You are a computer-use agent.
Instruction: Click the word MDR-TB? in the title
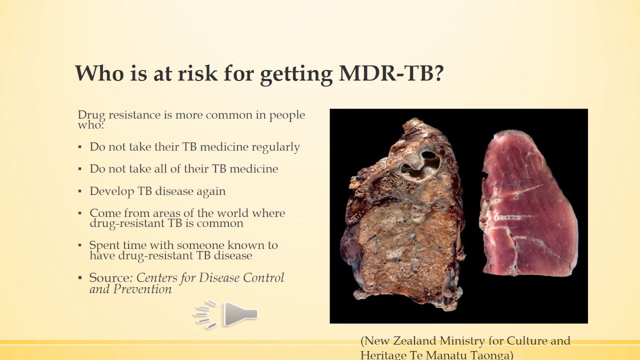coord(391,73)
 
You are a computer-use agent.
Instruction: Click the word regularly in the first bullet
coord(275,147)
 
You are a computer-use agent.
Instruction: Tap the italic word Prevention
coord(142,289)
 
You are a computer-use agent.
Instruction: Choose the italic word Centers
coord(157,277)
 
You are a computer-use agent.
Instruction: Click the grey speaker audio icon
coord(226,314)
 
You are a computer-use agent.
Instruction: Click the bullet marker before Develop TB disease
coord(80,191)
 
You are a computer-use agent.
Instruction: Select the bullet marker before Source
coord(80,278)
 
